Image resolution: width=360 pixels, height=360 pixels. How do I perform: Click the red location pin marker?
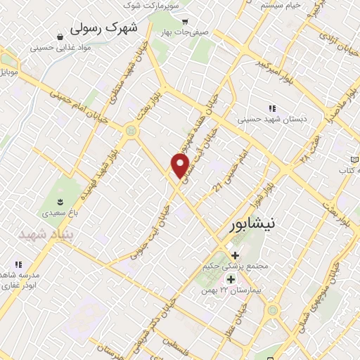click(x=181, y=165)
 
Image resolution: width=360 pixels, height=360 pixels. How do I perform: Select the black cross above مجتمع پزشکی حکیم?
click(x=235, y=255)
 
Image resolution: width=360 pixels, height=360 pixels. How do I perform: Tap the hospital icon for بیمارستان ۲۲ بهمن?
click(x=231, y=279)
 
